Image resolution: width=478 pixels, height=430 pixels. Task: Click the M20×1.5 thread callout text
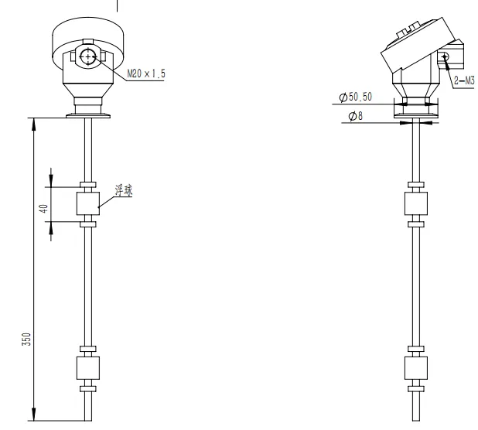146,73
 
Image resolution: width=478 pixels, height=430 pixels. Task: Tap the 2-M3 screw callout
464,80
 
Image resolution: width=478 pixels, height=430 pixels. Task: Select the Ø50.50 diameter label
356,97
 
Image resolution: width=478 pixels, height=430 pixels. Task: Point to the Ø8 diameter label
356,116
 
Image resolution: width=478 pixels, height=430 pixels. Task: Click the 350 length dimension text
26,339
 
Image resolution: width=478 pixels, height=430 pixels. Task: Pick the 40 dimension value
44,209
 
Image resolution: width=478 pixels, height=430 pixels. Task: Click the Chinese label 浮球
124,190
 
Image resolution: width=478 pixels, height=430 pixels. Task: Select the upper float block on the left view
88,203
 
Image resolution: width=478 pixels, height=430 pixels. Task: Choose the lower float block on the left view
88,368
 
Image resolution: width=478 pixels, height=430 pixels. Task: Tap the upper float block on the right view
416,203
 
